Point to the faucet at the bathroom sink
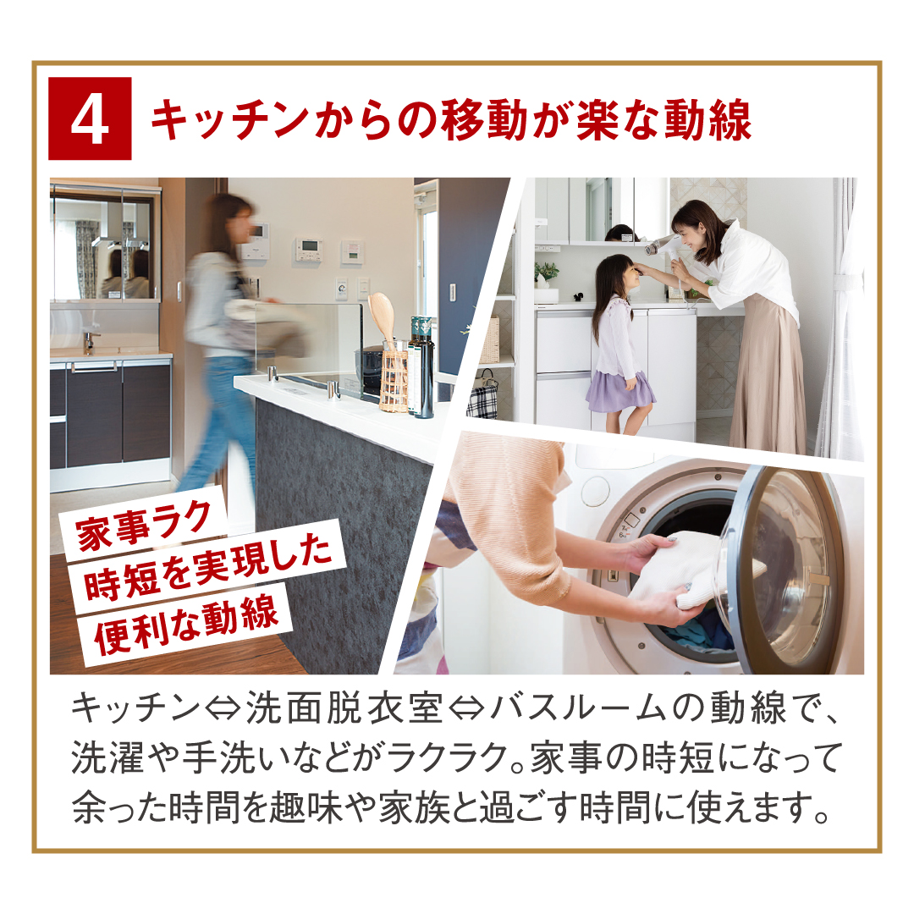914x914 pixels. pos(89,342)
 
